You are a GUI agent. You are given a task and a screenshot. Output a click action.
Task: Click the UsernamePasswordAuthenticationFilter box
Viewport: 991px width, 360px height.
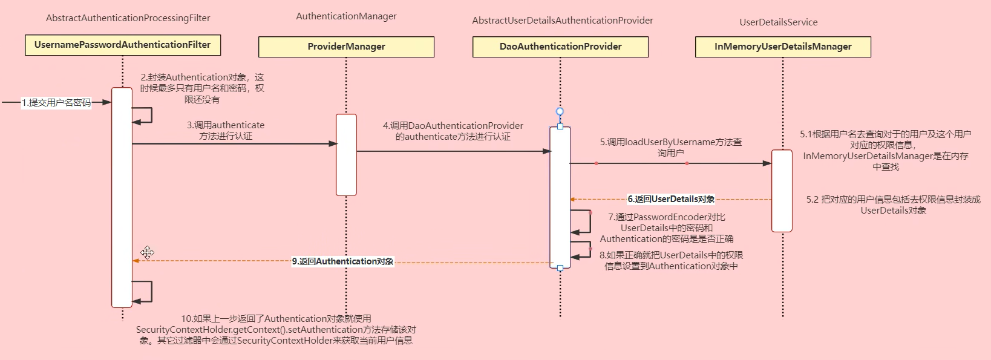pyautogui.click(x=122, y=45)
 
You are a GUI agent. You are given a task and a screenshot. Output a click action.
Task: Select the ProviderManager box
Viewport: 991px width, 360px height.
pyautogui.click(x=346, y=47)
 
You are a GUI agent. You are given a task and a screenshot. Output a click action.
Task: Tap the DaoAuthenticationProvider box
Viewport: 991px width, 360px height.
pyautogui.click(x=560, y=47)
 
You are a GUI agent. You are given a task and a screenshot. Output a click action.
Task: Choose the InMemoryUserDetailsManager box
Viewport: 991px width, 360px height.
pyautogui.click(x=783, y=47)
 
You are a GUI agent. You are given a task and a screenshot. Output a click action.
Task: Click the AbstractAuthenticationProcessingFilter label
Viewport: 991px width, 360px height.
pyautogui.click(x=128, y=18)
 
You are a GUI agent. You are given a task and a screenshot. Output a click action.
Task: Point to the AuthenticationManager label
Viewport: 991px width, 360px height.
pyautogui.click(x=346, y=16)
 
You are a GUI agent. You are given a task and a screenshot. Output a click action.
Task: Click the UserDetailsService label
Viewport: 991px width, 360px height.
pyautogui.click(x=778, y=22)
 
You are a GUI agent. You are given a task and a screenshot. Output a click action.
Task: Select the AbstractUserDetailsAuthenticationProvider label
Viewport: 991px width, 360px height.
pyautogui.click(x=563, y=21)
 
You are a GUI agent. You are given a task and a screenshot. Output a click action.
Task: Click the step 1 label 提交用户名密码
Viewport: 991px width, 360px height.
pyautogui.click(x=56, y=103)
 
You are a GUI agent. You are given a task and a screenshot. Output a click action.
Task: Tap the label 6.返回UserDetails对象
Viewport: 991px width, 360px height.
pyautogui.click(x=671, y=199)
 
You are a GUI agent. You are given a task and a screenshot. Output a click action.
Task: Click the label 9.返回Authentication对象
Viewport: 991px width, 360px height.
pyautogui.click(x=342, y=261)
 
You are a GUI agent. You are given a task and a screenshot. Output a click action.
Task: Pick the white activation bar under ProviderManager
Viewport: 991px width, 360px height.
pyautogui.click(x=346, y=155)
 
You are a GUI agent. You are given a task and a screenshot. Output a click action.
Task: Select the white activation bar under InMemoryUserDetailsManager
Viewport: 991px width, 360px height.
pyautogui.click(x=782, y=191)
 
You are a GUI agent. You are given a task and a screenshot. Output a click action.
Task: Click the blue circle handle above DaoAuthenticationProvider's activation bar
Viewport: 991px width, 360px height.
pyautogui.click(x=560, y=112)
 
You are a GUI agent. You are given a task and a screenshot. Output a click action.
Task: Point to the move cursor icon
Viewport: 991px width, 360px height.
pyautogui.click(x=148, y=252)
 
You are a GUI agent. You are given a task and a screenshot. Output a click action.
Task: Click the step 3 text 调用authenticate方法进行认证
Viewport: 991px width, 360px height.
pyautogui.click(x=226, y=131)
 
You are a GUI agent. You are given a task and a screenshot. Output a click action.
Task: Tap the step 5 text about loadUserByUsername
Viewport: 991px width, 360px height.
pyautogui.click(x=670, y=148)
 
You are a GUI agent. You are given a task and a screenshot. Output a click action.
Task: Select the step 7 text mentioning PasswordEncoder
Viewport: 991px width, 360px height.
pyautogui.click(x=666, y=227)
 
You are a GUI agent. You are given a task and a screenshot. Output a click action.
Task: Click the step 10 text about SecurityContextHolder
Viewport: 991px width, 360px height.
pyautogui.click(x=276, y=330)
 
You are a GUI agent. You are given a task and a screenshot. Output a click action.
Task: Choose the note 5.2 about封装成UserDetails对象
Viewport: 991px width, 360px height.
pyautogui.click(x=893, y=205)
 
